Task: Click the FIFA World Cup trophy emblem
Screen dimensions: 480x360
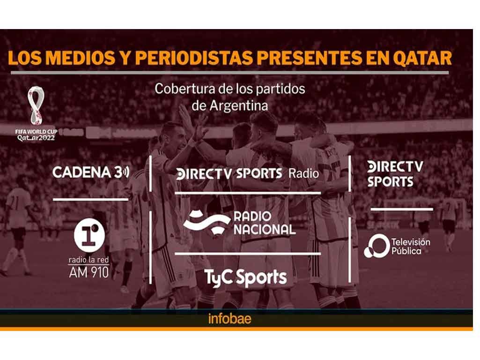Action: click(37, 105)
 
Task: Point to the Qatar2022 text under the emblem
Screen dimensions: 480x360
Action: click(36, 138)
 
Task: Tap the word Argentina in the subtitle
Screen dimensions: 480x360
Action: click(239, 106)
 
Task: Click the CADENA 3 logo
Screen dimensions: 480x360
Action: click(91, 172)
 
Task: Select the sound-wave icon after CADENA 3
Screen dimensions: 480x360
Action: click(126, 172)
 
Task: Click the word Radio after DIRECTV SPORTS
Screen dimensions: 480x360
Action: click(303, 174)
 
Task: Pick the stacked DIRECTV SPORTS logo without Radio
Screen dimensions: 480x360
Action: click(395, 174)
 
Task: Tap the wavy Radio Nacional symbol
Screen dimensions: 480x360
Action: click(207, 222)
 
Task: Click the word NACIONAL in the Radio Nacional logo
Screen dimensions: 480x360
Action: click(265, 230)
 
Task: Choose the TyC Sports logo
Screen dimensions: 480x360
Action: click(245, 278)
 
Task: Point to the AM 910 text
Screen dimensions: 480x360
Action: click(89, 272)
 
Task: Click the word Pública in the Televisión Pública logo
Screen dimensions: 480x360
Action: click(406, 251)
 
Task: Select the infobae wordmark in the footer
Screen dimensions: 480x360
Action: click(229, 319)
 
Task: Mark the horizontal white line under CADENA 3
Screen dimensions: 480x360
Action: click(90, 200)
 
